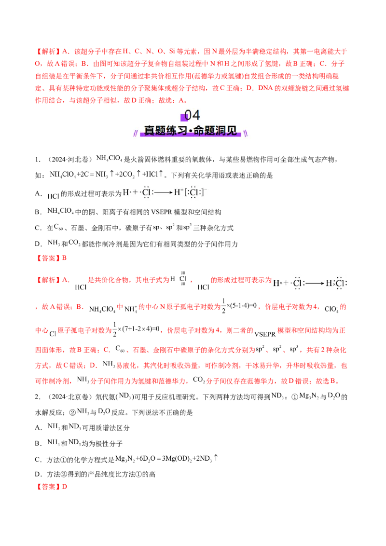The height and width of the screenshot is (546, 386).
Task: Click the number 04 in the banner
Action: [193, 116]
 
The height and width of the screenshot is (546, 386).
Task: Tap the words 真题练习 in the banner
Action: [164, 131]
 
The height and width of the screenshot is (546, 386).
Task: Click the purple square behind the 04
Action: [184, 117]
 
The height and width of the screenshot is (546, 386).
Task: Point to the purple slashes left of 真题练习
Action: [138, 132]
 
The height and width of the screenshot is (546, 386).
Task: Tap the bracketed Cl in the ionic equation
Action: [194, 192]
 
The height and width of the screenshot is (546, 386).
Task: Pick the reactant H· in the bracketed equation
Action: [126, 192]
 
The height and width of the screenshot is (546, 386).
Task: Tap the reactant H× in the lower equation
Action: [277, 284]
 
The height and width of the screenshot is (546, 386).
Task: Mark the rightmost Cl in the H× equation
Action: [340, 284]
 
